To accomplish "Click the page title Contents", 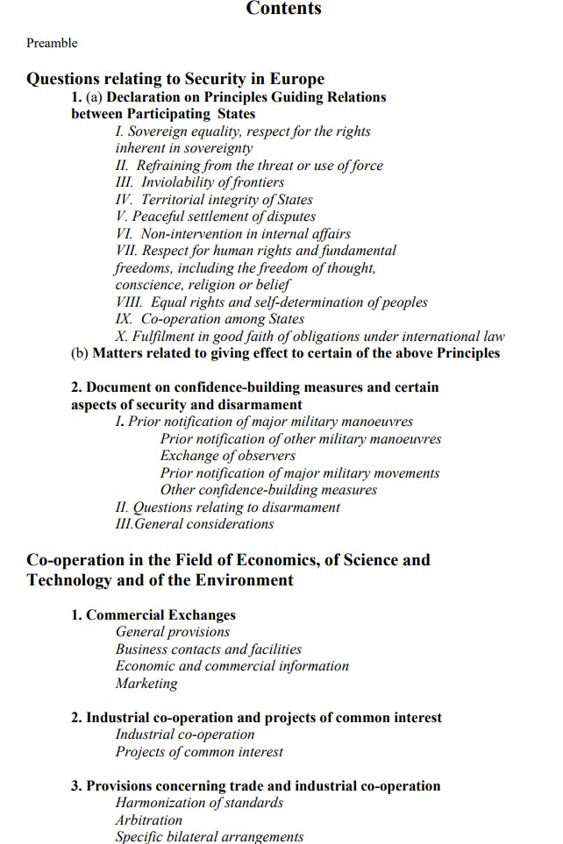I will (283, 9).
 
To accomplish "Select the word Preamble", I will (52, 43).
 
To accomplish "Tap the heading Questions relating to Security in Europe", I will (175, 79).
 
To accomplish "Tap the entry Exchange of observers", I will (227, 456).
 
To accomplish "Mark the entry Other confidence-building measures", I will (268, 490).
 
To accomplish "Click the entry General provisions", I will (173, 632).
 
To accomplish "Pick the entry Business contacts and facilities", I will (209, 649).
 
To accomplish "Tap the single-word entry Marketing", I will (146, 684).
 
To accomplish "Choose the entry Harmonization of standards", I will (200, 803).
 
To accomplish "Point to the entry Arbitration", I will (149, 820).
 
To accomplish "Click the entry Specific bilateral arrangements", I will (210, 837).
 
